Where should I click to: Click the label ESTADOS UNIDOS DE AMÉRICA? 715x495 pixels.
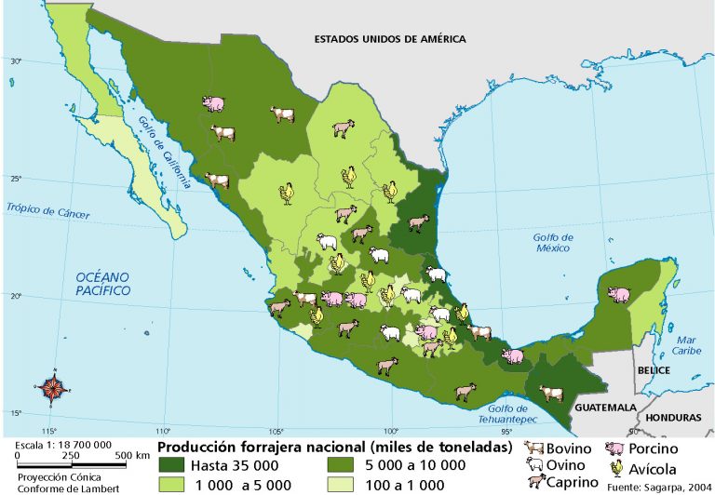(x=389, y=39)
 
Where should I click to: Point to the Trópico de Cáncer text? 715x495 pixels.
(x=47, y=210)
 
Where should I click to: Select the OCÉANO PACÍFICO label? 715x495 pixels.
(x=103, y=284)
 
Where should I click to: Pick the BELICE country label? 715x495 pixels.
(x=654, y=369)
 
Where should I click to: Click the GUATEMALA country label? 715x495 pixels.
(x=605, y=408)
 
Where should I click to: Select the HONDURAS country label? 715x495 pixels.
(x=676, y=419)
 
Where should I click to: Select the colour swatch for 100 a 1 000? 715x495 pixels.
(x=343, y=484)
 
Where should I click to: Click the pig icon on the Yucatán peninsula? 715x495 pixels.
(x=618, y=294)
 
